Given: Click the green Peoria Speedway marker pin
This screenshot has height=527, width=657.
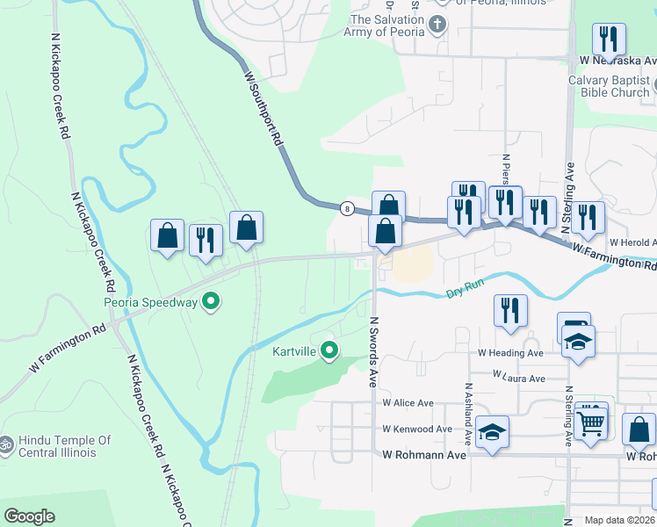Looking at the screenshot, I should (x=211, y=303).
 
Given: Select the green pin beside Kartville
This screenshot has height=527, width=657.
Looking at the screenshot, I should (x=329, y=351).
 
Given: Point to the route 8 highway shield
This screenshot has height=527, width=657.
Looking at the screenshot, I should (x=348, y=208).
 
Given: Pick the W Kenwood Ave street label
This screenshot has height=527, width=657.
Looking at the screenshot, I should (x=416, y=430).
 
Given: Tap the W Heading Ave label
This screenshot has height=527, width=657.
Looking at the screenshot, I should (x=510, y=353).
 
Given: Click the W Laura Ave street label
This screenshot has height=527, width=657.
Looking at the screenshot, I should (x=519, y=378).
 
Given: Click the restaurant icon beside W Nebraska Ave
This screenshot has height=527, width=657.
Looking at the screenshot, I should (x=608, y=40).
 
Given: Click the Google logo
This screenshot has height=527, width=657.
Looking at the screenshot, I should (x=29, y=516).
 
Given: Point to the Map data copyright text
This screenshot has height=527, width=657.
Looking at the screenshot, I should (x=618, y=520).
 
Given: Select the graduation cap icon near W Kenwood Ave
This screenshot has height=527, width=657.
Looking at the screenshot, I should (x=493, y=431).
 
